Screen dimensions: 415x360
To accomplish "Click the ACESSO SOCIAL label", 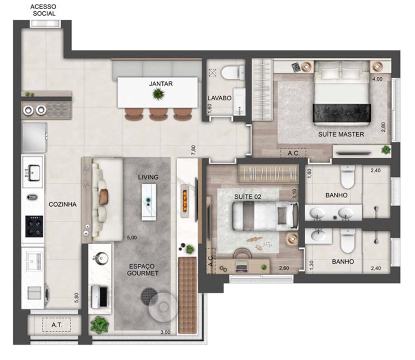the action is [x=43, y=10].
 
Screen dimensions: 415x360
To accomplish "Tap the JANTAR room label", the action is [x=161, y=84].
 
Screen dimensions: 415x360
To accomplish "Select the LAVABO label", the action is [x=219, y=98].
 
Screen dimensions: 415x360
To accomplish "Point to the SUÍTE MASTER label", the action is [x=341, y=134].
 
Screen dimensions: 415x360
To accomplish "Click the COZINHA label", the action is [x=62, y=204].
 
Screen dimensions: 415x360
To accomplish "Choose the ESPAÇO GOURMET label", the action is [x=143, y=269].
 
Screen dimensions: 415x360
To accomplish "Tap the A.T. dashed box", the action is [x=56, y=325].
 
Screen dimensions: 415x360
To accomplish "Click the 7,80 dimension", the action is [x=194, y=150].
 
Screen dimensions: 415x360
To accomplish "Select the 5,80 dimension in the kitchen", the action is [x=77, y=298].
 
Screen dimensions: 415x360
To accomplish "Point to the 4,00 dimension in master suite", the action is [x=377, y=79].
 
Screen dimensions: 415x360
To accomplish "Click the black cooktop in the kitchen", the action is [x=34, y=226].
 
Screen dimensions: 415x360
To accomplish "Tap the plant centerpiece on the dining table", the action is [x=159, y=94].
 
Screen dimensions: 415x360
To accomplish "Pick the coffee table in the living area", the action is [x=149, y=202].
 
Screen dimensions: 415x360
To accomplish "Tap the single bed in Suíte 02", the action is [x=265, y=216].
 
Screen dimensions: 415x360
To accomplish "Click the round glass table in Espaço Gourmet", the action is [x=163, y=307].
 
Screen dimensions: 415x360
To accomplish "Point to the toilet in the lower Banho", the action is [x=348, y=240].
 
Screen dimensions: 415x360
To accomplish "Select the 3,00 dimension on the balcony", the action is [x=166, y=332].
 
